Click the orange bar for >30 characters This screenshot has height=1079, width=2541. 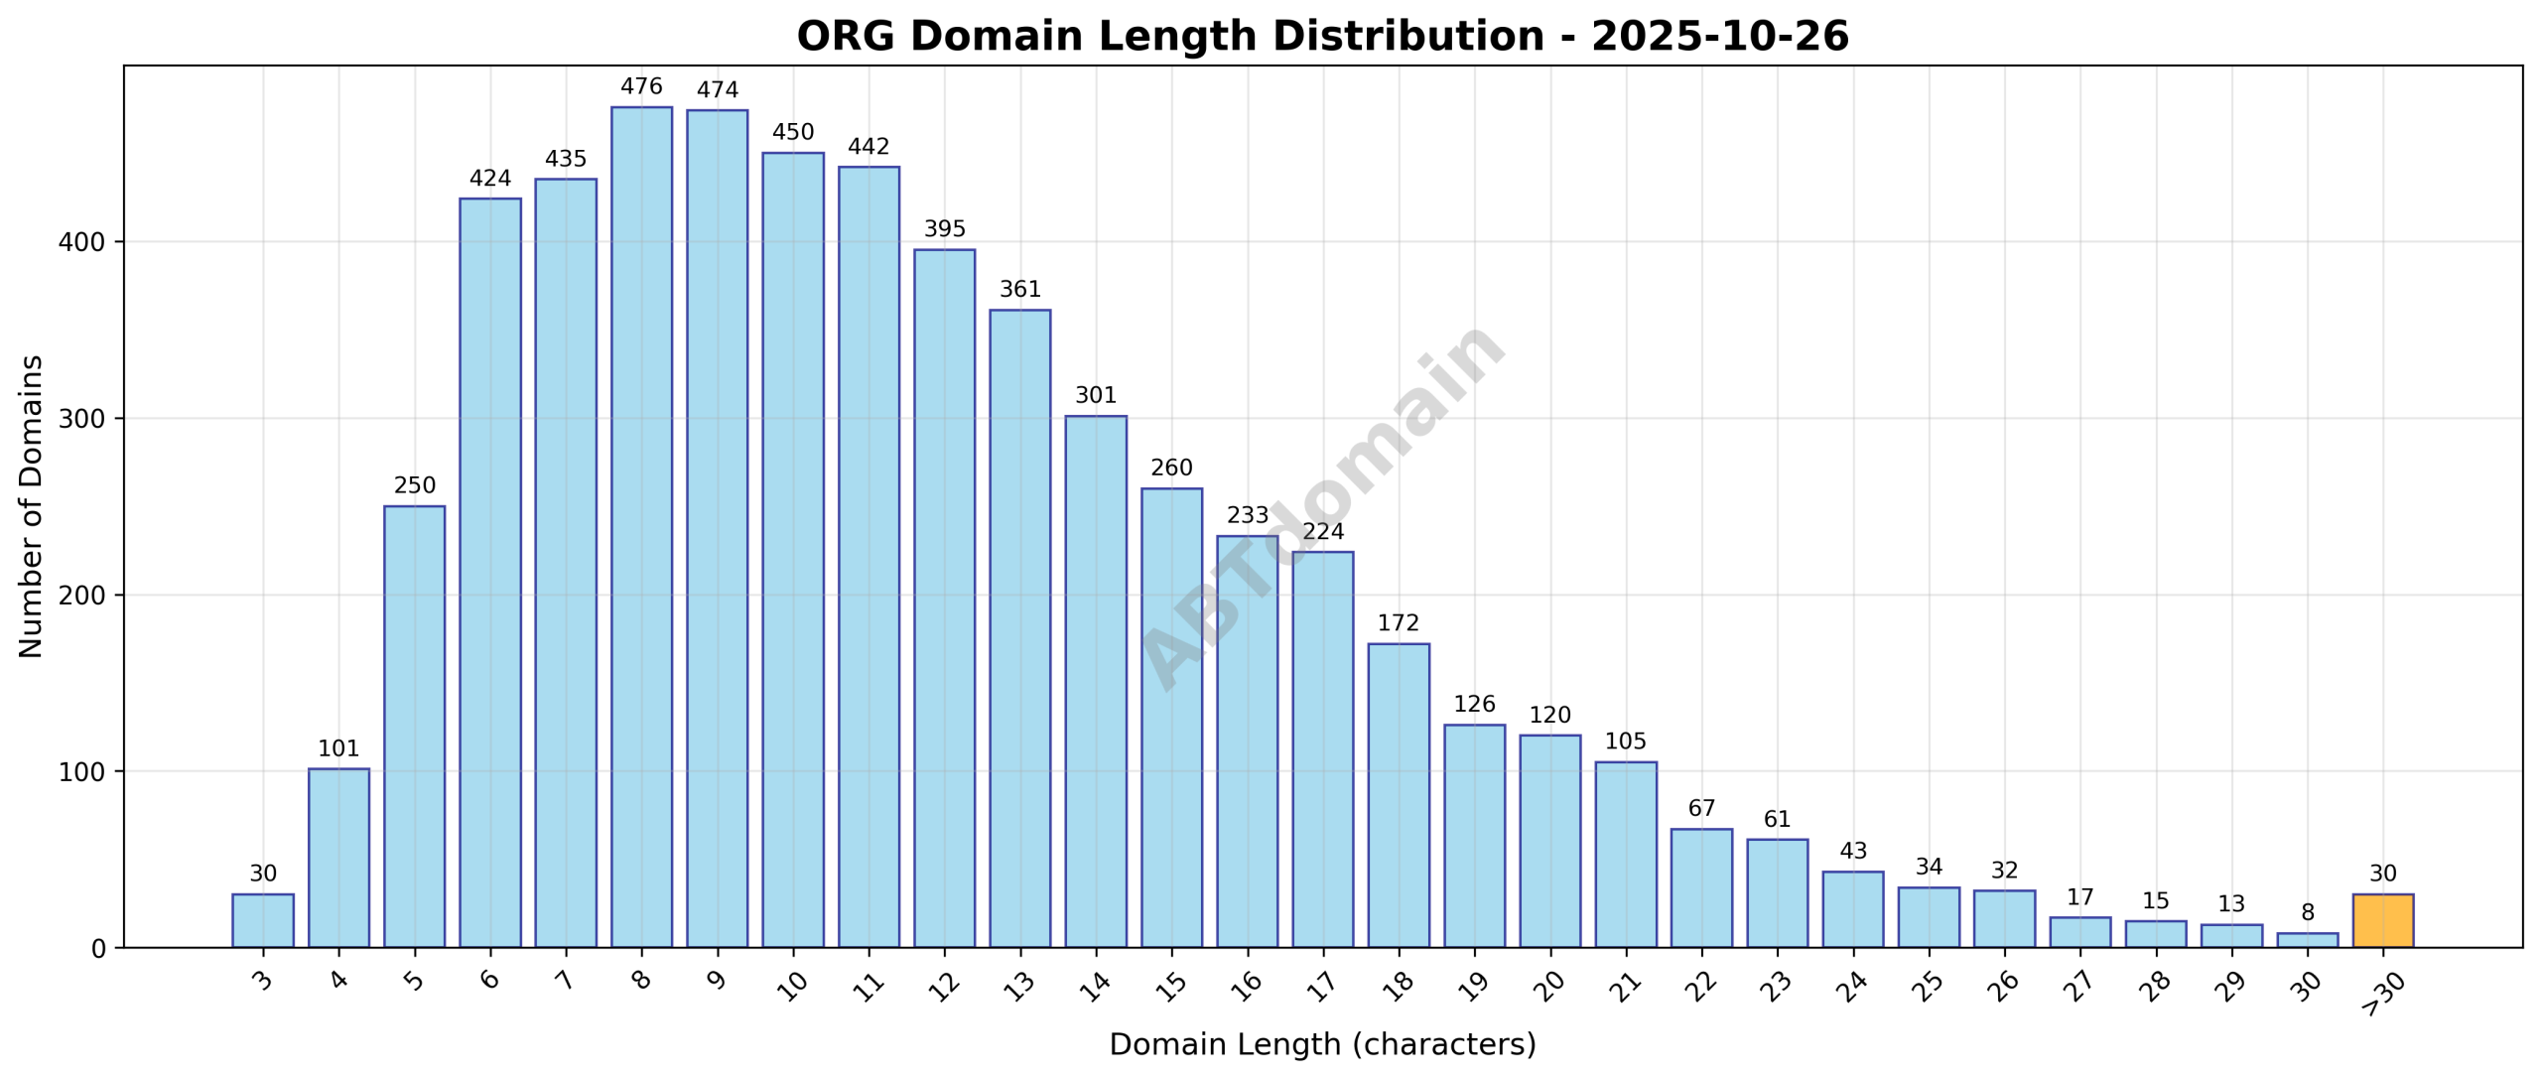pyautogui.click(x=2382, y=921)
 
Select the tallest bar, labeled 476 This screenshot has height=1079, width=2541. pyautogui.click(x=641, y=526)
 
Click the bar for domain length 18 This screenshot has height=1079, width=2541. pyautogui.click(x=1399, y=795)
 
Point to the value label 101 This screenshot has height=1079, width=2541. pyautogui.click(x=338, y=749)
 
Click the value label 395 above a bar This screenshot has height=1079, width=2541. pyautogui.click(x=944, y=229)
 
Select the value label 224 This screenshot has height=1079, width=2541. pyautogui.click(x=1323, y=532)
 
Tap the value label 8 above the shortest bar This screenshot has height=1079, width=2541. pyautogui.click(x=2307, y=913)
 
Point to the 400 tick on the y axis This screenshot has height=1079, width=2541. pyautogui.click(x=85, y=242)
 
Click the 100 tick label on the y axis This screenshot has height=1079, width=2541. pyautogui.click(x=85, y=772)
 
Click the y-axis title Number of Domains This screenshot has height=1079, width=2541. pyautogui.click(x=32, y=506)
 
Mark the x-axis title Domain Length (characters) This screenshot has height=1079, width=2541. pyautogui.click(x=1322, y=1045)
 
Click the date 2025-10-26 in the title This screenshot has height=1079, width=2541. pyautogui.click(x=1720, y=37)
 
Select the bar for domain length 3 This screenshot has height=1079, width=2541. pyautogui.click(x=263, y=921)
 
